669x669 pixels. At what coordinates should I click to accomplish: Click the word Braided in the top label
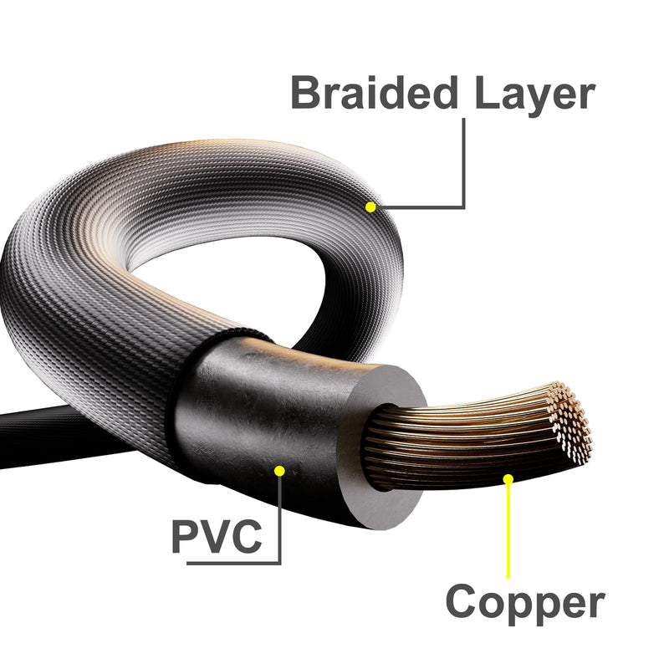click(375, 92)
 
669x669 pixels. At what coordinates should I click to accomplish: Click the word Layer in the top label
click(535, 96)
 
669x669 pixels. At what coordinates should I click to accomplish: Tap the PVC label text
click(217, 536)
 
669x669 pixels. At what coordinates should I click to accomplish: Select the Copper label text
click(525, 603)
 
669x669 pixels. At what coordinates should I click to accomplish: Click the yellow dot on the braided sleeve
click(370, 207)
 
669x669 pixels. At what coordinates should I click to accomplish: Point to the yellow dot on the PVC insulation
click(279, 471)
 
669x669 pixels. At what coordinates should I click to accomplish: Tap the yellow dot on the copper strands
click(508, 479)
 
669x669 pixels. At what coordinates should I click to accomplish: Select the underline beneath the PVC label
click(234, 563)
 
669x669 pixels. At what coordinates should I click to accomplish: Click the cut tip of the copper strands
click(571, 422)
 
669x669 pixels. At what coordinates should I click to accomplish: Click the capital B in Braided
click(304, 92)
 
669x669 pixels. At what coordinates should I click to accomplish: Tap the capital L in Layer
click(487, 92)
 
